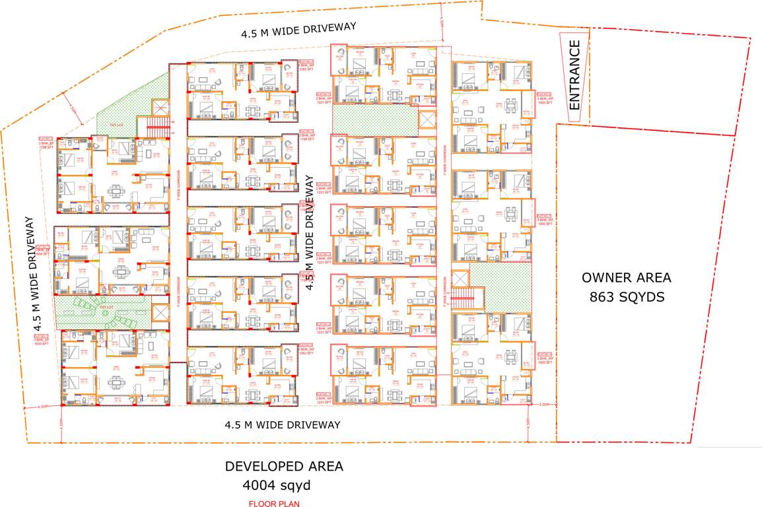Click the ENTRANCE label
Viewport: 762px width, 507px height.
[x=574, y=75]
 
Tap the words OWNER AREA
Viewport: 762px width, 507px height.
[x=625, y=277]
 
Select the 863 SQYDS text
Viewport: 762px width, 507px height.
[x=627, y=298]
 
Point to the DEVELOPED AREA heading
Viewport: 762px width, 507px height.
[x=284, y=466]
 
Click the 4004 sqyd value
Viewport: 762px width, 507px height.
[x=277, y=487]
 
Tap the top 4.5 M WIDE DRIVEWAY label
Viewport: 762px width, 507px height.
[x=298, y=28]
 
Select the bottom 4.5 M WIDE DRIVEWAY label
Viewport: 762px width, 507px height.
[x=282, y=424]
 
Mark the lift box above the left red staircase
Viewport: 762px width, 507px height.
[x=160, y=108]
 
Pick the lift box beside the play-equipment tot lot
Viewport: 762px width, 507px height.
[x=160, y=314]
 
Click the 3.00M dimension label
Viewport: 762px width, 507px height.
[x=544, y=404]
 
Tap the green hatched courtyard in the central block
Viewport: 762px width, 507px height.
[x=375, y=119]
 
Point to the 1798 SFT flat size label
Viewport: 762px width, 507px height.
[x=46, y=147]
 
